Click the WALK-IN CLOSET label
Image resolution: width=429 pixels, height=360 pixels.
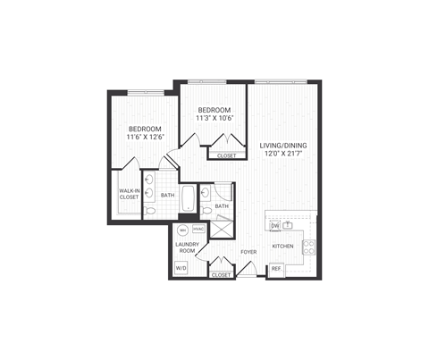(x=129, y=194)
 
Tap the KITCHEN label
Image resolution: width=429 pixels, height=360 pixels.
(x=283, y=246)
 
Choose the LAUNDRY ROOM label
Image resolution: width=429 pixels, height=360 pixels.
(x=186, y=247)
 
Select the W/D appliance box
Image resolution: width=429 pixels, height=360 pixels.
(x=181, y=266)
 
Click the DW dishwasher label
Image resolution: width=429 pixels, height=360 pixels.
(x=275, y=226)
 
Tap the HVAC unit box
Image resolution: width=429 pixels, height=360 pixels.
(x=198, y=229)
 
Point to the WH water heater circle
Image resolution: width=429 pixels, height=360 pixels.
(x=183, y=229)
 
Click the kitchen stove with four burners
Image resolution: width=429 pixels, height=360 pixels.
(x=308, y=246)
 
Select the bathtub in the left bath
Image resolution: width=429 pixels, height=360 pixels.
(x=189, y=198)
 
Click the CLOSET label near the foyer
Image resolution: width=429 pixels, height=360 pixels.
(x=221, y=275)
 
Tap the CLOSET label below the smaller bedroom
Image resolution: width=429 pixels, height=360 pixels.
(x=226, y=155)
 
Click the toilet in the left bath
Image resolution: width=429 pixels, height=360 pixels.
(x=149, y=211)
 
